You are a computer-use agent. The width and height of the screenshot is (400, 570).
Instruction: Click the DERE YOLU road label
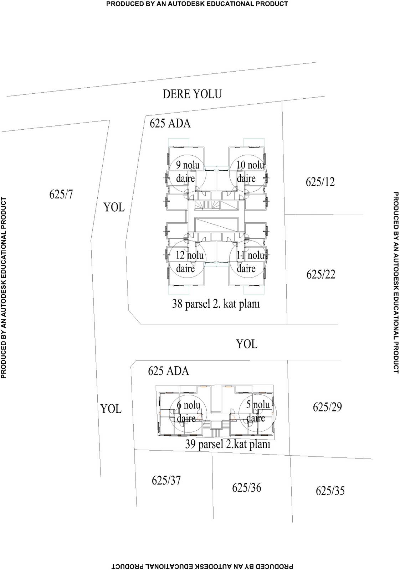192,94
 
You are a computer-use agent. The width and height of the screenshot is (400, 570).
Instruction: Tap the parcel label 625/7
61,195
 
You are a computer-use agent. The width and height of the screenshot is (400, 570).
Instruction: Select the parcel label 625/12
320,182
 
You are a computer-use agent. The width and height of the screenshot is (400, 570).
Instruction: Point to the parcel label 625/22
321,274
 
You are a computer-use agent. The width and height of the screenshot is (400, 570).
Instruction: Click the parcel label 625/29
327,407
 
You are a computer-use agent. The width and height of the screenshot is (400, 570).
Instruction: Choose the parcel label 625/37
166,481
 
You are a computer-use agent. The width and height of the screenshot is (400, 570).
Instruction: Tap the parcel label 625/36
246,488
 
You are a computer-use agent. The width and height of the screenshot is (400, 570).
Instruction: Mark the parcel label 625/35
330,491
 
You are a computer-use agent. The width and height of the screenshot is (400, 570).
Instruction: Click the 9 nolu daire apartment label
188,171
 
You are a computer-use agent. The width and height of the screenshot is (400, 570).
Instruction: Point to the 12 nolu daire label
190,261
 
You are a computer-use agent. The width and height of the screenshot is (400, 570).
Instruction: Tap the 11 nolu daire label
251,261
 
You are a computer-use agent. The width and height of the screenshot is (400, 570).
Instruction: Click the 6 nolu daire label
189,411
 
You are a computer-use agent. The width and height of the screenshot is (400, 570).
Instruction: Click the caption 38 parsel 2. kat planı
216,304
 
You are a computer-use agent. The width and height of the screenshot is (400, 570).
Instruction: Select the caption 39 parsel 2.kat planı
227,444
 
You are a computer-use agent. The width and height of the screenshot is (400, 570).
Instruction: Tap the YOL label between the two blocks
247,344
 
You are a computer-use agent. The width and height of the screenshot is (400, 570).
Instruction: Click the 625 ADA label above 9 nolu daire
170,123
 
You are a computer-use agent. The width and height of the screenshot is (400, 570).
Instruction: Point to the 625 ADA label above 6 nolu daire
169,371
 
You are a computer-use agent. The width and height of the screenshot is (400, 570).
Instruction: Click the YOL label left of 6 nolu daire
111,409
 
